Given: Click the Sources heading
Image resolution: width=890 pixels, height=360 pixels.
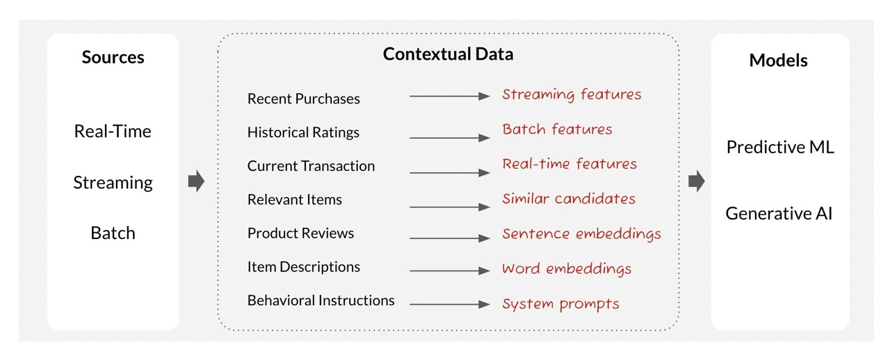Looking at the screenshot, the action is (x=113, y=57).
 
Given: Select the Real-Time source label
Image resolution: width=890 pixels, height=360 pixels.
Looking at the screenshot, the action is (x=113, y=131).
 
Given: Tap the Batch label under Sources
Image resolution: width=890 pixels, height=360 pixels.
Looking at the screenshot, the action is (x=113, y=233).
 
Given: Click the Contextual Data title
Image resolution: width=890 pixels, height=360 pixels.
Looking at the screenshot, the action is (x=448, y=54).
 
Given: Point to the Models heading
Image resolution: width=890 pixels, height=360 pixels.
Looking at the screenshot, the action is (x=778, y=60).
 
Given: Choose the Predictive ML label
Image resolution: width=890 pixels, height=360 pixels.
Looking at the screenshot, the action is (x=780, y=147).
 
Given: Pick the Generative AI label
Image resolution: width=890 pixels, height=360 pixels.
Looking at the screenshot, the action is (x=779, y=213).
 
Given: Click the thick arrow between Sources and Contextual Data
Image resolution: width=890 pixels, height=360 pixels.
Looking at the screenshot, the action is (x=196, y=181).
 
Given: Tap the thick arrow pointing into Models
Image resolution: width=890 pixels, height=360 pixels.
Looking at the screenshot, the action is (x=697, y=181).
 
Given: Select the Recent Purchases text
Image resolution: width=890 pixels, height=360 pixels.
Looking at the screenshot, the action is (x=304, y=99).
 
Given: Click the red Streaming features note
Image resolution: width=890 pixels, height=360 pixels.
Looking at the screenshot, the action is (x=572, y=95).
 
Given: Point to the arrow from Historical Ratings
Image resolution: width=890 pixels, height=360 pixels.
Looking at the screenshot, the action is (x=450, y=138).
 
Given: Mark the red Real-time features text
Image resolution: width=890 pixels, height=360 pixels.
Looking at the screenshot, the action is (x=569, y=164).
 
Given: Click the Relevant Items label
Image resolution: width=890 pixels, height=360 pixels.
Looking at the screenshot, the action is (x=294, y=199).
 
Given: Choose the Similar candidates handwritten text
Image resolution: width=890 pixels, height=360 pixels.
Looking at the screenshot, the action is (x=569, y=199).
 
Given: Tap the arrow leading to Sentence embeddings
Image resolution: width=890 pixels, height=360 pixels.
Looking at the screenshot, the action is (x=450, y=238).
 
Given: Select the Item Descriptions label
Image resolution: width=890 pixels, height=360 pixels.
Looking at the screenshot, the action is (x=304, y=267).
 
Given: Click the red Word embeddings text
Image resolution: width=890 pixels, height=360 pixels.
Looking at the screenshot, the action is (x=567, y=269).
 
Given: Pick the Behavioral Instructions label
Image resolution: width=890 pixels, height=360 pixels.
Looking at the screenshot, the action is (x=321, y=300).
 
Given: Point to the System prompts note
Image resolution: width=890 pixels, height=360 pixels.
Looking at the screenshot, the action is (x=560, y=304).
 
